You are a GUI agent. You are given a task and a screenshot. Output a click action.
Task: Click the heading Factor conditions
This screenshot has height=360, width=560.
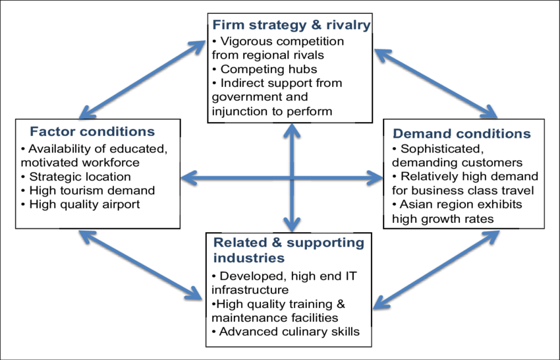point(92,132)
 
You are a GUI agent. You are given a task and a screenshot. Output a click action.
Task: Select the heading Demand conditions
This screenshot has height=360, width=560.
point(462,134)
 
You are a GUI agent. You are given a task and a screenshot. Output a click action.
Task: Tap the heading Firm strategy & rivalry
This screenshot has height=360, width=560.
point(292,26)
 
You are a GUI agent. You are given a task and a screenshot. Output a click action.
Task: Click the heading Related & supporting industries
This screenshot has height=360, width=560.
point(288,250)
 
